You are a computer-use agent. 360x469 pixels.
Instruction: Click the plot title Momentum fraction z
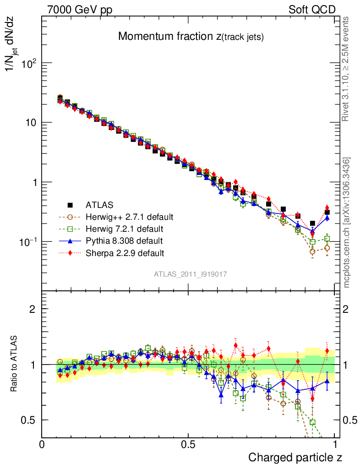[x=191, y=38]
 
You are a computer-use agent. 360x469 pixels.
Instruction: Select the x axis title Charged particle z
[x=295, y=457]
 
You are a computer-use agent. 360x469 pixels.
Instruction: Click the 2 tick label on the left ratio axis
[x=33, y=309]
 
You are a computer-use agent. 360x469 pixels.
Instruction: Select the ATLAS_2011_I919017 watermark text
[x=191, y=274]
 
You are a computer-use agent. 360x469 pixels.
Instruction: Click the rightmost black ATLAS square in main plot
[x=327, y=212]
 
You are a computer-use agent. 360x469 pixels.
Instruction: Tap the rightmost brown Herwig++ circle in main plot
[x=327, y=248]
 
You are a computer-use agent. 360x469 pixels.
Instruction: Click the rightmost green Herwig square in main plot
[x=327, y=239]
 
